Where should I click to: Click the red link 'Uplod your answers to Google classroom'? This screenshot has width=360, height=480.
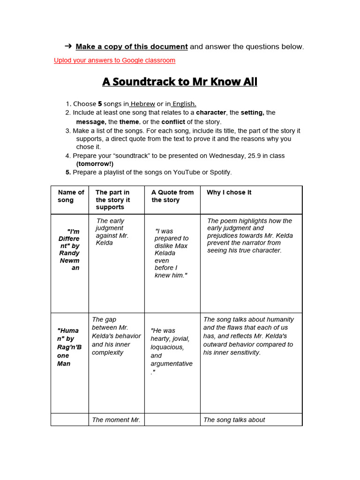pyautogui.click(x=114, y=60)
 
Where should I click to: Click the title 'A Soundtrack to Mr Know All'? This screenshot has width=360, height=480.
pyautogui.click(x=180, y=82)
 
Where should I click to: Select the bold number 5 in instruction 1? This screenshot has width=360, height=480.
pyautogui.click(x=99, y=104)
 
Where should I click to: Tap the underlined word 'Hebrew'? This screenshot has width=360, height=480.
pyautogui.click(x=143, y=104)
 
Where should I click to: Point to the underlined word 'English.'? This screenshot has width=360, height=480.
pyautogui.click(x=184, y=104)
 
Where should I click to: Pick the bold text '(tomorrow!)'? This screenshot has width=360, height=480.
pyautogui.click(x=95, y=164)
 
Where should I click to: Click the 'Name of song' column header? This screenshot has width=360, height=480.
pyautogui.click(x=70, y=196)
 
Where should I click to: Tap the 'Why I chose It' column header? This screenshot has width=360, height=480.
pyautogui.click(x=229, y=192)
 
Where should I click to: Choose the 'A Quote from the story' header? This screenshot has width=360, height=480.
pyautogui.click(x=172, y=196)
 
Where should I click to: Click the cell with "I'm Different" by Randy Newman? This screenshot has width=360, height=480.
pyautogui.click(x=69, y=249)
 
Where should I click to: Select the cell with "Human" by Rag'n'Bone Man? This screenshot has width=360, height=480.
pyautogui.click(x=69, y=347)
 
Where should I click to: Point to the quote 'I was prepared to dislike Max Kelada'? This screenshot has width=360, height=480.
pyautogui.click(x=171, y=253)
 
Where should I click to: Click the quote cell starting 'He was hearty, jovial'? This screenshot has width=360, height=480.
pyautogui.click(x=171, y=351)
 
